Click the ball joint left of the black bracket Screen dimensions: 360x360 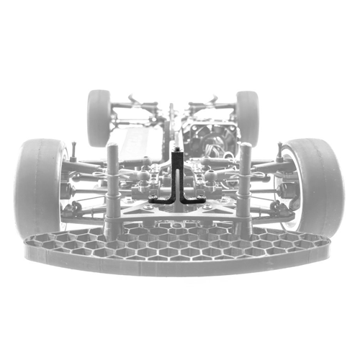[148, 175]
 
